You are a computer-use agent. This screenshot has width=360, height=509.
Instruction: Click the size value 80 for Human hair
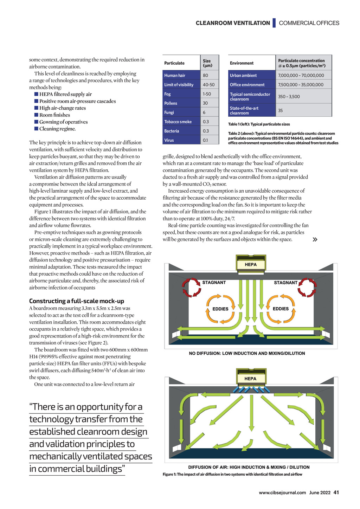pos(206,75)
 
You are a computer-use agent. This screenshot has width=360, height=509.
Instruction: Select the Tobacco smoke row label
pos(178,122)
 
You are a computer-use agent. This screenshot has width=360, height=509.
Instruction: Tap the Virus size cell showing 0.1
pos(205,140)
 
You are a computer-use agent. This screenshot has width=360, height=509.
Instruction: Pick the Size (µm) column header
pos(207,63)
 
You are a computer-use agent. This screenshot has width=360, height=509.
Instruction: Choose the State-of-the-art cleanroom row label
pos(244,111)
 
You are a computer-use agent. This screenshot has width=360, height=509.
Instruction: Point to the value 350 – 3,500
pos(289,97)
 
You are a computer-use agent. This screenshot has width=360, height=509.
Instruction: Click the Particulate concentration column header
pos(302,63)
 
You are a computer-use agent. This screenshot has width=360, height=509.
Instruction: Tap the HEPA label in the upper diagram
pos(251,265)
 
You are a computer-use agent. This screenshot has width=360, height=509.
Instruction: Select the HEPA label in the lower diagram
pos(250,379)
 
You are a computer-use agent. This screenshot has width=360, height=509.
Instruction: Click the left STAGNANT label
pos(214,283)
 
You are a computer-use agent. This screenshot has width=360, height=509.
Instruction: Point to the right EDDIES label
pos(281,309)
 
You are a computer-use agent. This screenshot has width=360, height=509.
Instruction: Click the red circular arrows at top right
pos(307,287)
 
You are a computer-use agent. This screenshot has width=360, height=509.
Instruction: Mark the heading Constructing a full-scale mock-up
pos(77,301)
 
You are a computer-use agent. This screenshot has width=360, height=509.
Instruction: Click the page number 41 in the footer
pos(336,492)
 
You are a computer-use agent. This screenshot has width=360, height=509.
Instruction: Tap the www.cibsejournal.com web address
pos(282,492)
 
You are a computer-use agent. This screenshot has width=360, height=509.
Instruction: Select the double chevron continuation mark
pos(315,239)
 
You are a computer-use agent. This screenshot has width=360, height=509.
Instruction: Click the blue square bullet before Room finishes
pos(36,115)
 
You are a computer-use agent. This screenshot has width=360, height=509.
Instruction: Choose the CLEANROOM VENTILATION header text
pos(233,23)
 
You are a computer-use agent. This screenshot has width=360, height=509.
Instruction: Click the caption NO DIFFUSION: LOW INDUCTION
pos(247,353)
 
